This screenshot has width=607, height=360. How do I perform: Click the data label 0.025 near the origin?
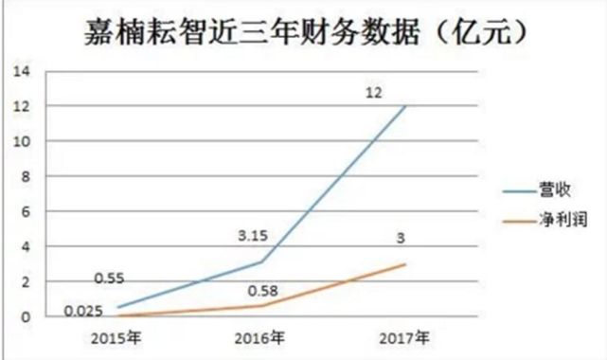point(83,309)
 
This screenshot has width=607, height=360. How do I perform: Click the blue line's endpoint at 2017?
point(406,106)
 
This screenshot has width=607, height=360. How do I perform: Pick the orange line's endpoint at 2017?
point(406,264)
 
